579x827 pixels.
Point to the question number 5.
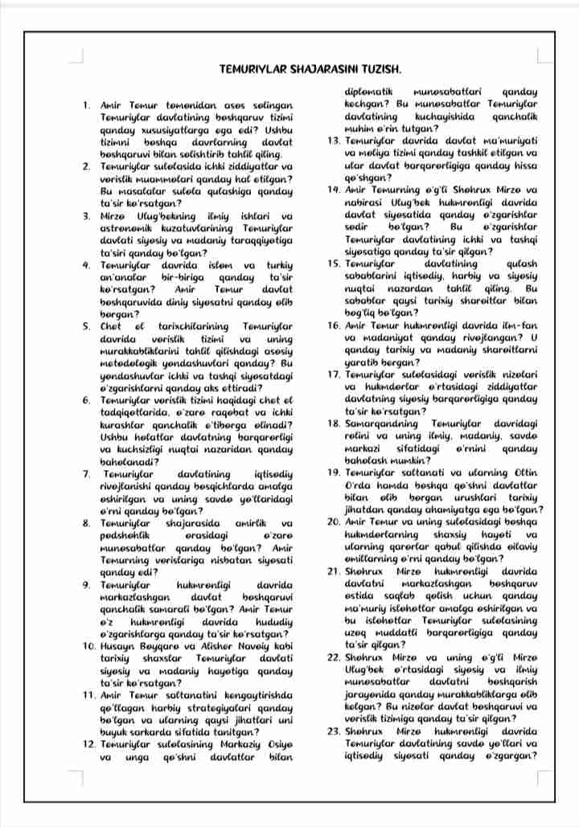coord(85,327)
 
